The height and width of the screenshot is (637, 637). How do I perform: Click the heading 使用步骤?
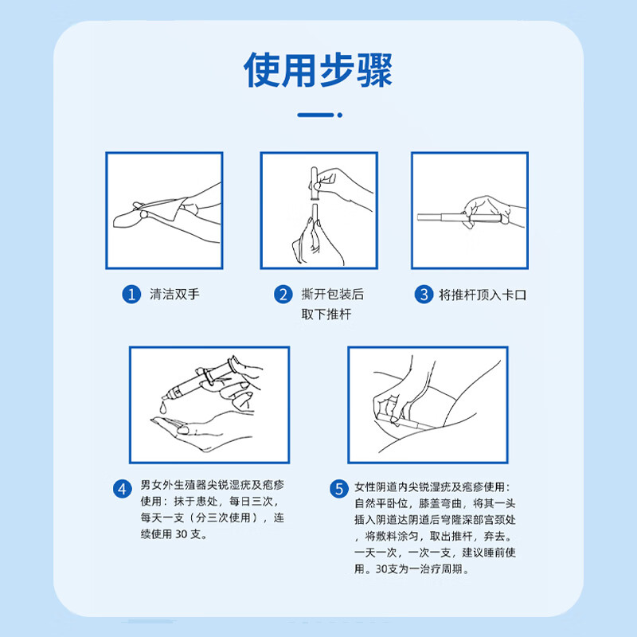click(318, 70)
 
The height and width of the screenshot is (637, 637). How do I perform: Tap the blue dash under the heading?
click(318, 115)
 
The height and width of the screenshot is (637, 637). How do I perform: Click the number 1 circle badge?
click(131, 295)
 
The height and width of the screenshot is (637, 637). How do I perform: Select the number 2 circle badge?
click(283, 295)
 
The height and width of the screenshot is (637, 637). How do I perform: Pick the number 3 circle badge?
click(423, 295)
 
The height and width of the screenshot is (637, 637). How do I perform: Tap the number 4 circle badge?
click(122, 489)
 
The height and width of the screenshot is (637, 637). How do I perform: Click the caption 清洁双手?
click(175, 295)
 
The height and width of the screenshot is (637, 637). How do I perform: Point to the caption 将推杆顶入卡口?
click(483, 295)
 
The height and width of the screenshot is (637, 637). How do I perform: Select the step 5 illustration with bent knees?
click(428, 404)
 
